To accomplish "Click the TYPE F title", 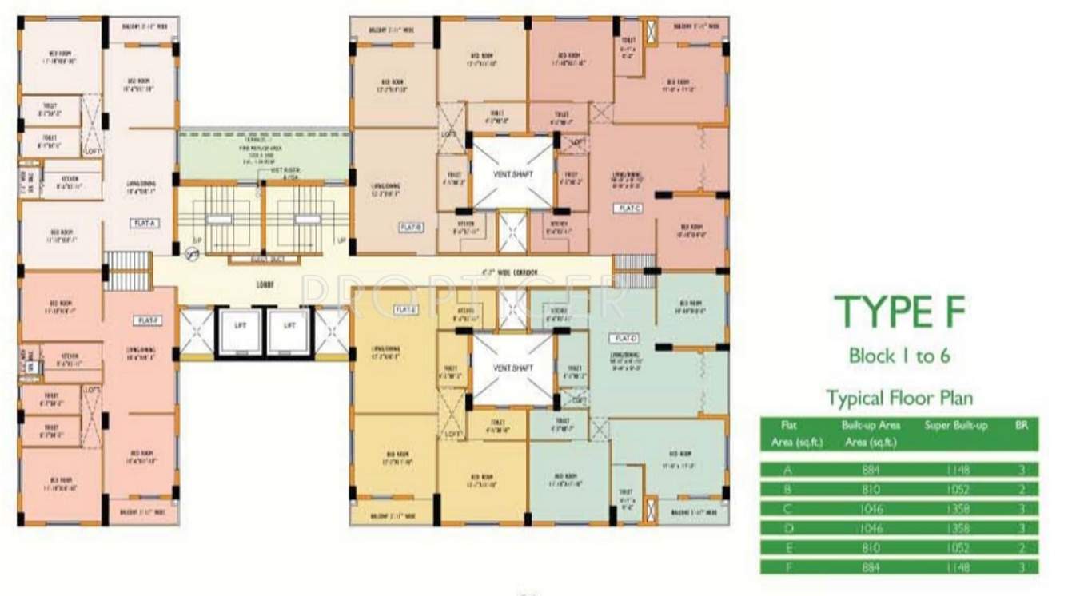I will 899,311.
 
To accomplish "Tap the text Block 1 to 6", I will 899,356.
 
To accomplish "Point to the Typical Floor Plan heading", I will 899,397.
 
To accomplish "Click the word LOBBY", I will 263,284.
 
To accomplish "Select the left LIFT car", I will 241,326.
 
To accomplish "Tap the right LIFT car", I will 289,326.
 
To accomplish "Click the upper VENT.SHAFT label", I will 513,174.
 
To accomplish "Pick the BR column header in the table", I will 1021,426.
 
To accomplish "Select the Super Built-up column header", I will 955,426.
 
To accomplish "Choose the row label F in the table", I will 789,567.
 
